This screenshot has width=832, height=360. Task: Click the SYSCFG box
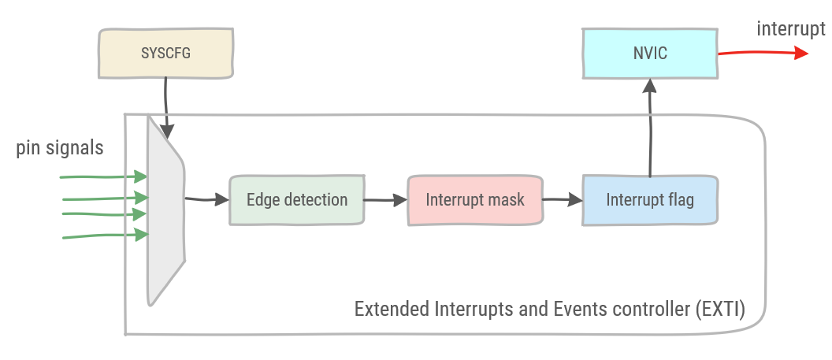pos(166,54)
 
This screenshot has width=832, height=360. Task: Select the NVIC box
pos(649,54)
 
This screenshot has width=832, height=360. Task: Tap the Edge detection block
pos(297,200)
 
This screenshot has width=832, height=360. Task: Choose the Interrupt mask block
pos(475,200)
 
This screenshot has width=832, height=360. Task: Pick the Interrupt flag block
pos(650,200)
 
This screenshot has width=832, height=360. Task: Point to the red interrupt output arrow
pos(761,53)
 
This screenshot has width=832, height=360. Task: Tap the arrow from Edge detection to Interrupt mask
pos(385,201)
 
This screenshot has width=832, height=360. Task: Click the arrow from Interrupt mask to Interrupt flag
pos(562,201)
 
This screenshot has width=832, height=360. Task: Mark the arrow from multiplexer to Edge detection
pos(206,200)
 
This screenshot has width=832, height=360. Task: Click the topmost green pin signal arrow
pos(103,176)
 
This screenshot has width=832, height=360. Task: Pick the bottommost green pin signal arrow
pos(103,235)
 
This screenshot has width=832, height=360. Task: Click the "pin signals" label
pos(60,148)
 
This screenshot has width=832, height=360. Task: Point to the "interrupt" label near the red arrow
pos(790,29)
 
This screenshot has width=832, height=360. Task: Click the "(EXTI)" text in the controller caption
pos(719,308)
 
